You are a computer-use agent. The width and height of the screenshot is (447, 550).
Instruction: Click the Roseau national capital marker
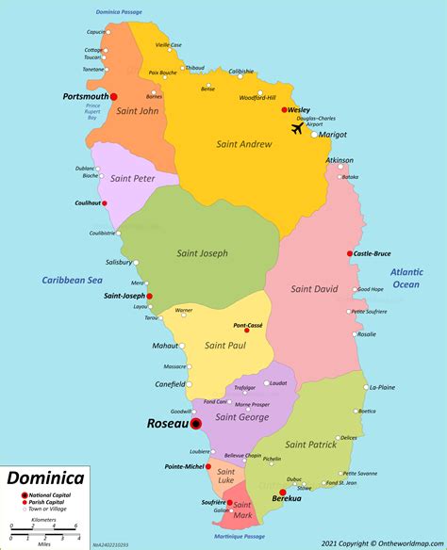point(196,425)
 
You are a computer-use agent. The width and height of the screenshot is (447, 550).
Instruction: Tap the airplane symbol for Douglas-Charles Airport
point(299,128)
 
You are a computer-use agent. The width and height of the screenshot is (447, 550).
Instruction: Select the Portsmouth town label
point(85,96)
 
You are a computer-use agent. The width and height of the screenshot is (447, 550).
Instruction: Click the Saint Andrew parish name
point(245,144)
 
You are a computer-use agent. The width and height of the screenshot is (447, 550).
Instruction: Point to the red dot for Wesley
point(285,110)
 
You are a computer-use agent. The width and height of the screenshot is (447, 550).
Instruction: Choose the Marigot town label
point(332,135)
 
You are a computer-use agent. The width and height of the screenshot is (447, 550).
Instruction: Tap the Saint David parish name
point(314,289)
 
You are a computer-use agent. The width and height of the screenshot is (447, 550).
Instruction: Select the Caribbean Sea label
point(71,280)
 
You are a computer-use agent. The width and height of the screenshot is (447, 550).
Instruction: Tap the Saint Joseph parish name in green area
point(202,253)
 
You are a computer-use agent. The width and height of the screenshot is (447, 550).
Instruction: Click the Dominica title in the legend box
point(45,478)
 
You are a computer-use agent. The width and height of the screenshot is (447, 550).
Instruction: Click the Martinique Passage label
point(240,537)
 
